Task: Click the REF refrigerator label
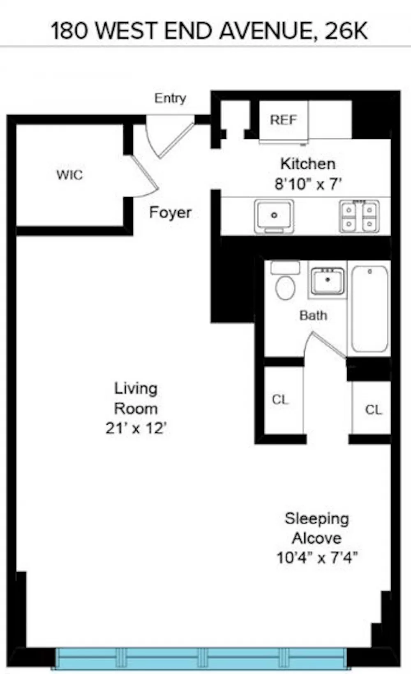pos(283,120)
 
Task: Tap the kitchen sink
pos(274,216)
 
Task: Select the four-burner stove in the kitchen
pos(359,217)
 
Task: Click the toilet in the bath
pos(285,280)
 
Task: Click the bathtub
pos(369,309)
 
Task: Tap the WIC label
pos(69,175)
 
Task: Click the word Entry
pos(170,98)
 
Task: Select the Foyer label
pos(170,213)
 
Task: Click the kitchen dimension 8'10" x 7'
pos(308,184)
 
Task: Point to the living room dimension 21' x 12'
pos(136,428)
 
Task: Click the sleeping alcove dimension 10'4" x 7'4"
pos(317,558)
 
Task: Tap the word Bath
pos(313,316)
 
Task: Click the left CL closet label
pos(280,400)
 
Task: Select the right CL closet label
pos(373,410)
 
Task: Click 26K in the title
pos(346,31)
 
